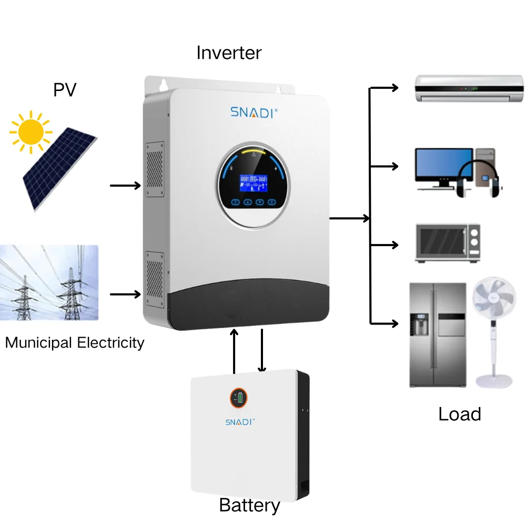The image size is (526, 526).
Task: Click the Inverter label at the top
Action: (229, 53)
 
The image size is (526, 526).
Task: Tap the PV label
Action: (65, 90)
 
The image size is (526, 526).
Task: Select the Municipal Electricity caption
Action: (75, 343)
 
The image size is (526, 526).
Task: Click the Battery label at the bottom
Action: (249, 505)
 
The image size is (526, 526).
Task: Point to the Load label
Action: (460, 414)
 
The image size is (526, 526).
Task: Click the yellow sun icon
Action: (31, 131)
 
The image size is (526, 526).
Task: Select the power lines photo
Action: (49, 282)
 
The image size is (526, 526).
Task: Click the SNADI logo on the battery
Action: (240, 422)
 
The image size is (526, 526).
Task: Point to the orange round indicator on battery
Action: (239, 398)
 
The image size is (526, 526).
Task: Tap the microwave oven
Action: (448, 244)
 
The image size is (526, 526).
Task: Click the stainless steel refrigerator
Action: (438, 335)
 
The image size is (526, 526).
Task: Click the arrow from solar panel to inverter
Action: (125, 186)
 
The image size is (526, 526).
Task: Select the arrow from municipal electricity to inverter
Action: (125, 295)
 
